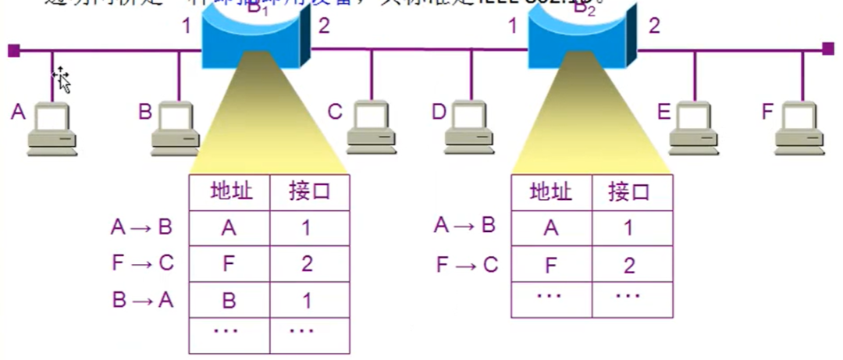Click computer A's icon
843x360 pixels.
(52, 128)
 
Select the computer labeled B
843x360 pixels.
(176, 128)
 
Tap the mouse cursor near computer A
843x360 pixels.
(62, 79)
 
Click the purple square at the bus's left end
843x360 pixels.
(13, 51)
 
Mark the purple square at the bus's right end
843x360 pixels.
(827, 48)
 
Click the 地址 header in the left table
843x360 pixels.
(231, 192)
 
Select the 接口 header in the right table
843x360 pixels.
(629, 192)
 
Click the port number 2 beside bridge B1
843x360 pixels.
(324, 26)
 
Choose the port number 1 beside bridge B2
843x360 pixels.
(513, 26)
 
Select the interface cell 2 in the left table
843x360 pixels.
(307, 263)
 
